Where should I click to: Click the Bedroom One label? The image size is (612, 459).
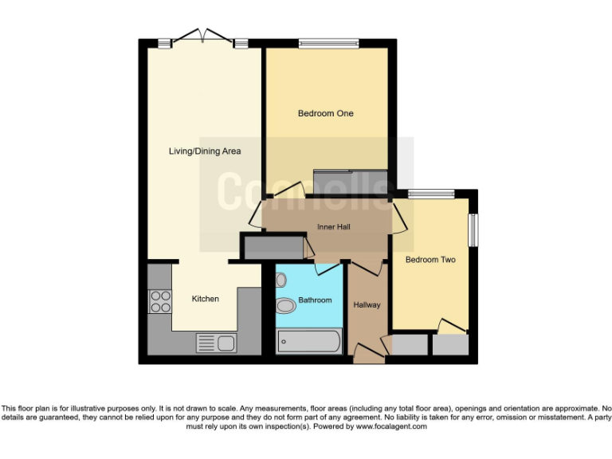(325, 114)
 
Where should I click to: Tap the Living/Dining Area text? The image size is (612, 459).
(205, 151)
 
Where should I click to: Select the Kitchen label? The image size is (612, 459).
(205, 299)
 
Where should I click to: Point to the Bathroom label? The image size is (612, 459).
(315, 300)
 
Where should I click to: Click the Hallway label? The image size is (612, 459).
(367, 305)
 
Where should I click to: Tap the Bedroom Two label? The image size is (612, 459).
(430, 260)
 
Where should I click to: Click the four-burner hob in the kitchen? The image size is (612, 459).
(160, 301)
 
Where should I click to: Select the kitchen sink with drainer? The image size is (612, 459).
(216, 343)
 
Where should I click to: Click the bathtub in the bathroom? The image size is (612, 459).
(308, 342)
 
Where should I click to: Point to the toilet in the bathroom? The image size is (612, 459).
(284, 305)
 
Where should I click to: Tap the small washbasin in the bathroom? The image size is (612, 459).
(280, 280)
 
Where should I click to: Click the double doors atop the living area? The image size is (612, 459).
(202, 36)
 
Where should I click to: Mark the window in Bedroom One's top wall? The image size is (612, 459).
(328, 42)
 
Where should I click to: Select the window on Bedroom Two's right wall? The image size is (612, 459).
(473, 230)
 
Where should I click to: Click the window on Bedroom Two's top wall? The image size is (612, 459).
(431, 193)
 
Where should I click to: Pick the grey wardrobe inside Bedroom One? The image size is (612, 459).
(350, 182)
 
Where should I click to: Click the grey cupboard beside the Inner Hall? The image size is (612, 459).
(273, 247)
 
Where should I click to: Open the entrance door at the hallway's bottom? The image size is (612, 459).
(367, 353)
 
